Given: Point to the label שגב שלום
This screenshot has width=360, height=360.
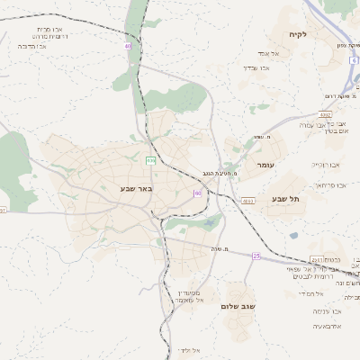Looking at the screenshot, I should point(239,306).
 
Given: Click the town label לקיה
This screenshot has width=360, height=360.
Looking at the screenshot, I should point(299,34).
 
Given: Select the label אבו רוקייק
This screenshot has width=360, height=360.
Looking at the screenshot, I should point(326,165).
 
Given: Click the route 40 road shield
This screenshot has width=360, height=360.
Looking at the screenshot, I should point(128,45).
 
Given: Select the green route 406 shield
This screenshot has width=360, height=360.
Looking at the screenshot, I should point(150,160).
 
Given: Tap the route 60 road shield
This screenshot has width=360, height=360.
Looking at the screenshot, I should point(197,193).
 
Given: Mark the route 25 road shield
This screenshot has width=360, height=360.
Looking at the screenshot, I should point(256,256).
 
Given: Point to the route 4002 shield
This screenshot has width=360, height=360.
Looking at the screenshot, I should point(326,115).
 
